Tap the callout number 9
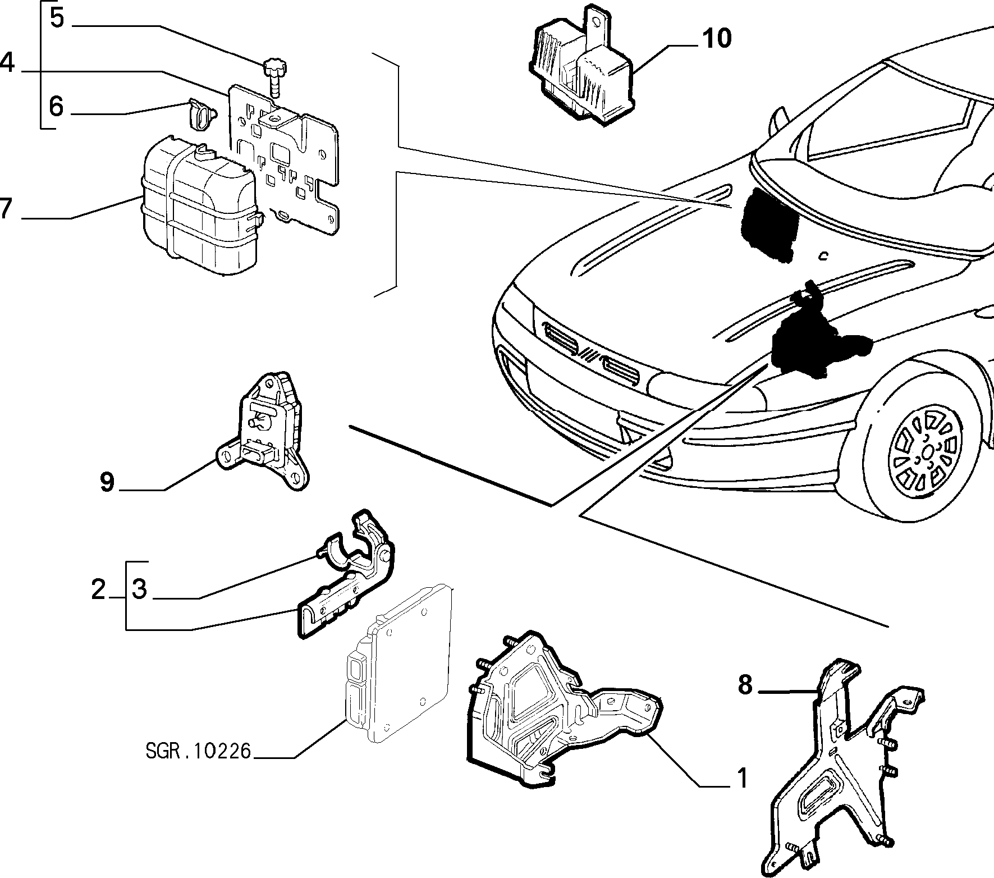pyautogui.click(x=107, y=482)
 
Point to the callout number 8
pyautogui.click(x=745, y=685)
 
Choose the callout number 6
pyautogui.click(x=56, y=106)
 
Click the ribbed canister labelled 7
pyautogui.click(x=201, y=205)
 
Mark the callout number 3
pyautogui.click(x=139, y=589)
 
